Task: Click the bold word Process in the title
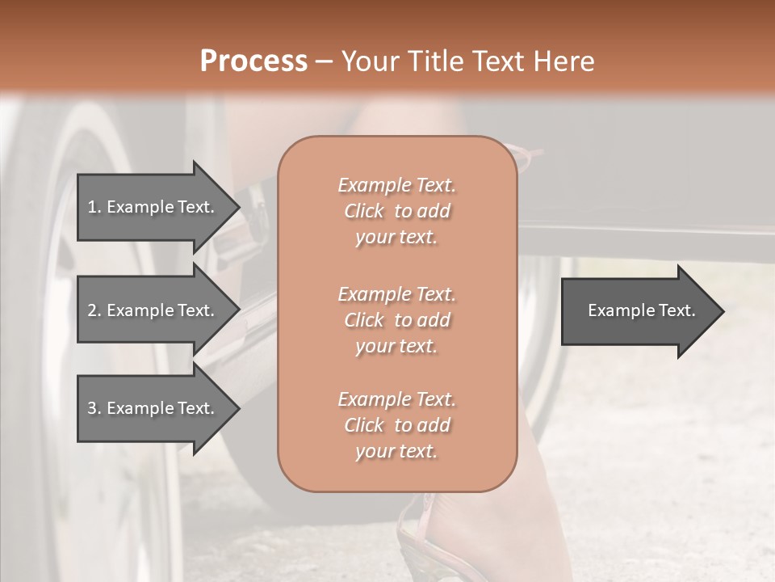253,61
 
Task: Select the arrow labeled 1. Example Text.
153,207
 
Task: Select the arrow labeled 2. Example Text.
153,310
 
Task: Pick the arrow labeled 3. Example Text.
153,408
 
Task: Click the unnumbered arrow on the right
638,310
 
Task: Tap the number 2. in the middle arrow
94,310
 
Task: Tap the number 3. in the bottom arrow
94,408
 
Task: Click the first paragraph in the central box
396,211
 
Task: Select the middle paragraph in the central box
396,320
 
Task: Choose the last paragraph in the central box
396,425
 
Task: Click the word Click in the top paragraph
364,211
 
